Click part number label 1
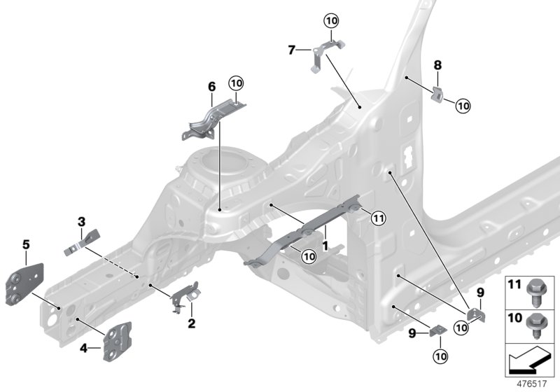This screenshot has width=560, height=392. click(x=325, y=246)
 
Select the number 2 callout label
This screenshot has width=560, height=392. click(x=191, y=323)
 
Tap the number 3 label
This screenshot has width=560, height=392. click(x=81, y=223)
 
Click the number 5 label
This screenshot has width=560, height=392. click(x=26, y=245)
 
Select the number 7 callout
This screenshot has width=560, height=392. click(x=291, y=49)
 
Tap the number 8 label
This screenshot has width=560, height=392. click(x=437, y=65)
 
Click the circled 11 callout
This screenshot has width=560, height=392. click(x=378, y=218)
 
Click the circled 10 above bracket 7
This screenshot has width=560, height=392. click(x=331, y=20)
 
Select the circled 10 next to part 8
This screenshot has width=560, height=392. click(x=463, y=106)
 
